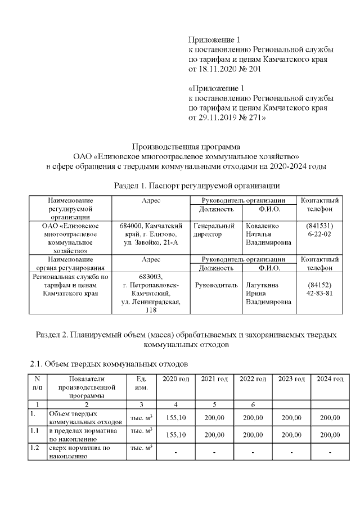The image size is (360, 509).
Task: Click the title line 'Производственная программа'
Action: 186,146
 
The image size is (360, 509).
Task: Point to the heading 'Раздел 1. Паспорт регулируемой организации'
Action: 197,185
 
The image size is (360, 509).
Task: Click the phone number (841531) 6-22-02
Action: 319,229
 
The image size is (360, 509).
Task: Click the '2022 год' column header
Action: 253,379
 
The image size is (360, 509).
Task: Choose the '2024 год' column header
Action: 330,379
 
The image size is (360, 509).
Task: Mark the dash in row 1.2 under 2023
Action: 291,452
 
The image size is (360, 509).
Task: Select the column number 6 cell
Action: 253,404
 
